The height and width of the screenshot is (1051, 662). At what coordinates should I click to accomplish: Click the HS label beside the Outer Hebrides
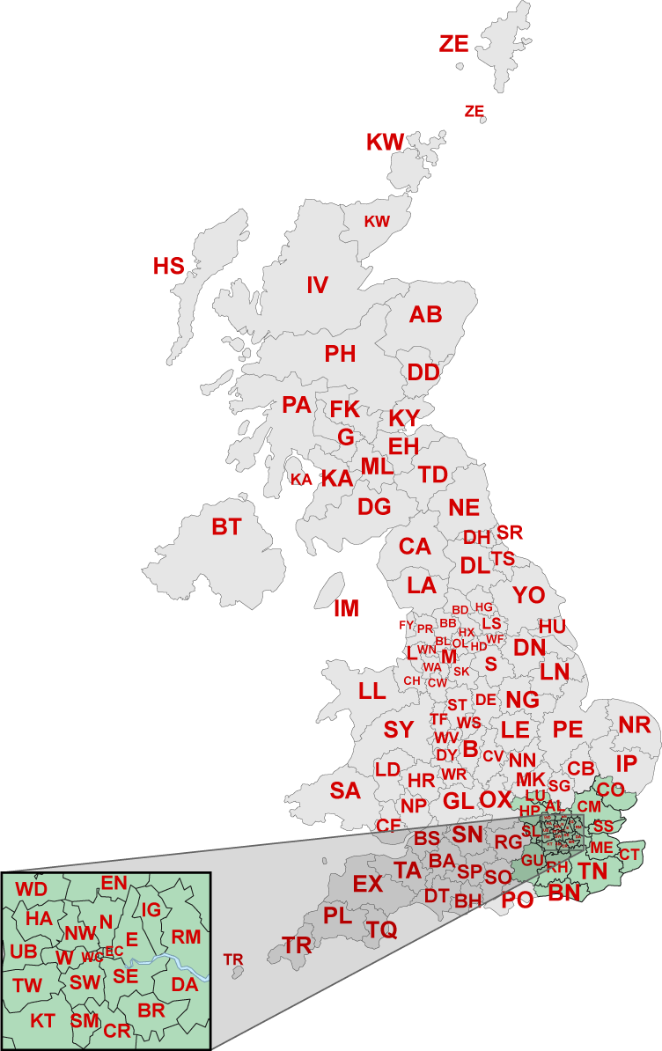pos(168,266)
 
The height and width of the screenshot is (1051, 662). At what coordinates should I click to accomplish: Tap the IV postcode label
pos(317,285)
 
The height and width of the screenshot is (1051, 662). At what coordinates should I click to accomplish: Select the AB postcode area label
pos(426,315)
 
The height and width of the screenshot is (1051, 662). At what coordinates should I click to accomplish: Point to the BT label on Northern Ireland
pos(226,527)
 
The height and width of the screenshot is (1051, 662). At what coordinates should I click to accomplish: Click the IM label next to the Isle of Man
pos(347,608)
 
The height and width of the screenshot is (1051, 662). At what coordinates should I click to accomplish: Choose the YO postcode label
pos(529,595)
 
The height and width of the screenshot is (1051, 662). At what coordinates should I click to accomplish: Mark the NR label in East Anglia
pos(633,725)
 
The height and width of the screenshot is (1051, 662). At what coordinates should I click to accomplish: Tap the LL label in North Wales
pos(372,691)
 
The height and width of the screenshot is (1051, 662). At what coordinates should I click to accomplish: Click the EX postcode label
pos(367,884)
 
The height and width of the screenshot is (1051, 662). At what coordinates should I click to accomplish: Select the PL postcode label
pos(337,915)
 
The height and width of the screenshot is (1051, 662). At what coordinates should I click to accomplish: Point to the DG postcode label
pos(374,507)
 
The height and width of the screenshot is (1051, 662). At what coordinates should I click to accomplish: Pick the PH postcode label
pos(340,355)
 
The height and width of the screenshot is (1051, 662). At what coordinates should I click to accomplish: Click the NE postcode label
pos(464,508)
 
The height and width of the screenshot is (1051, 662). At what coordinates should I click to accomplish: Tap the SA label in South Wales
pos(345,790)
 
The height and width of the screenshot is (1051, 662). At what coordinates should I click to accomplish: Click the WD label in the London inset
pos(32,889)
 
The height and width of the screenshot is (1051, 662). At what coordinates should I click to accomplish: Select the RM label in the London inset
pos(186,936)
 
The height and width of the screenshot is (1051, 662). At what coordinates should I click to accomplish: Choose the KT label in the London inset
pos(42,1021)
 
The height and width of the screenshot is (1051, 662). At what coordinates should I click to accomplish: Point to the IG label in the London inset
pos(151,909)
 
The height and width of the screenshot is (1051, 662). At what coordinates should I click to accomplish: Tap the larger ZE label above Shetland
pos(454,44)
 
